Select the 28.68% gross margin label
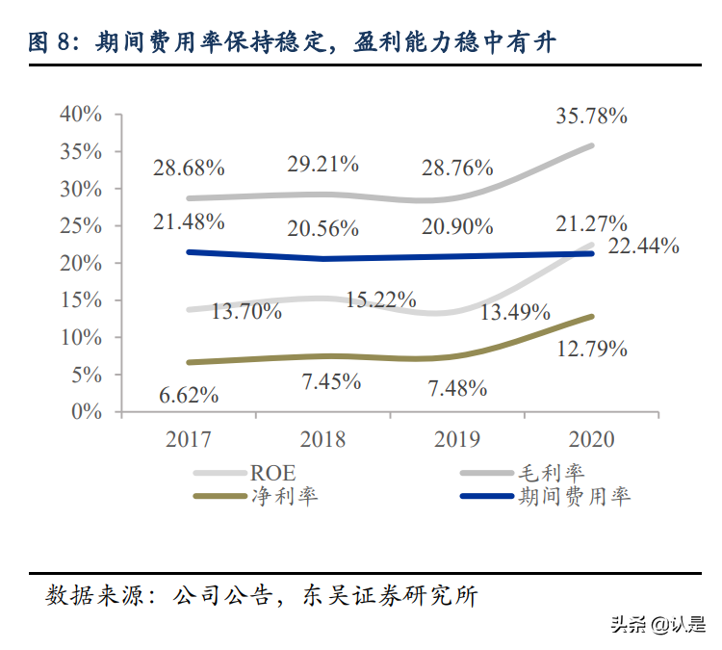point(189,168)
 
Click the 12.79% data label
point(592,349)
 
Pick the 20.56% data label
point(322,228)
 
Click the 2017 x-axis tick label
point(189,439)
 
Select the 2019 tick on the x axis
point(457,439)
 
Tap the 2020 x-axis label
point(591,439)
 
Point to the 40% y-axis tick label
point(81,114)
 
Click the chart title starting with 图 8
point(289,41)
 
